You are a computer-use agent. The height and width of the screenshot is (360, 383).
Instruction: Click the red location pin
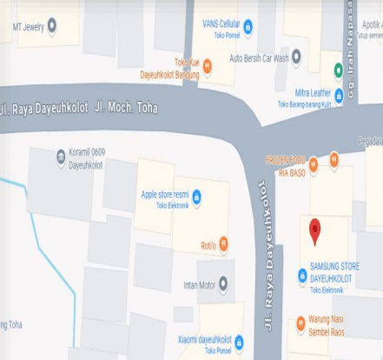tap(314, 230)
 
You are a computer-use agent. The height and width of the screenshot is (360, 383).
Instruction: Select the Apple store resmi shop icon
tap(196, 196)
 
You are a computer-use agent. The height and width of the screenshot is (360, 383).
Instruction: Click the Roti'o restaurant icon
tap(224, 243)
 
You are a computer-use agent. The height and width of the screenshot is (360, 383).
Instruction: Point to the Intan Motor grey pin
tap(224, 283)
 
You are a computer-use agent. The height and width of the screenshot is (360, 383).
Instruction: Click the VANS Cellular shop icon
tap(248, 27)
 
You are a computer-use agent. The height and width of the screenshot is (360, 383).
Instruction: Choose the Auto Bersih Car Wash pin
tap(296, 57)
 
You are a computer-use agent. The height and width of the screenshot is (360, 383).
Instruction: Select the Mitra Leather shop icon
tap(339, 93)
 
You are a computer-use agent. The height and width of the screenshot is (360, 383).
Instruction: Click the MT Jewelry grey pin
tap(52, 26)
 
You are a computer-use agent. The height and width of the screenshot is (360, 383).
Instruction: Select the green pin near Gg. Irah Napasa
tap(337, 69)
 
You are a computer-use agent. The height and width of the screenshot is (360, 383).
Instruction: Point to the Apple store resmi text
tap(165, 195)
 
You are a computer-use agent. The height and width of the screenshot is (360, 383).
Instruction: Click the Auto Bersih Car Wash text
tap(258, 58)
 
